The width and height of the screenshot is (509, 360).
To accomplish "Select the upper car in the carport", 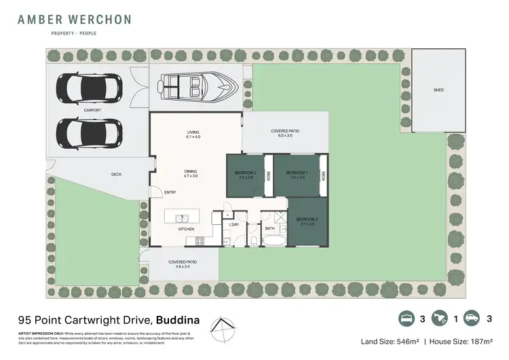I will (90, 88).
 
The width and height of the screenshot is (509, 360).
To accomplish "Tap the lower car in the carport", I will (90, 131).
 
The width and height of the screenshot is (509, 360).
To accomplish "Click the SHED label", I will (438, 90).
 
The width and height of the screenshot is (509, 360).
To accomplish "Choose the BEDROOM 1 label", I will (297, 173).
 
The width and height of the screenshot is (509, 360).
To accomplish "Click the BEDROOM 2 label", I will (245, 173).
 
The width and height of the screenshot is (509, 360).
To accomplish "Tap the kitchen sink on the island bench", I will (182, 219).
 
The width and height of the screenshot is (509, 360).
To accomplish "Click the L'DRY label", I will (234, 224).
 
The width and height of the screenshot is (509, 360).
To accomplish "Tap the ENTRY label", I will (170, 192).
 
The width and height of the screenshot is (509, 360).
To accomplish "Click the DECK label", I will (116, 175).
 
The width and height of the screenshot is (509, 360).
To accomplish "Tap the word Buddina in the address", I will (178, 318).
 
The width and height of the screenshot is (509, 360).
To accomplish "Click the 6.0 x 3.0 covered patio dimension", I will (285, 136).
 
